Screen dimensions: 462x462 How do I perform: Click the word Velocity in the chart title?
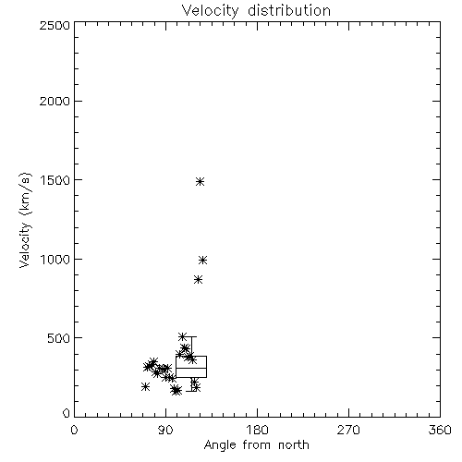coord(210,11)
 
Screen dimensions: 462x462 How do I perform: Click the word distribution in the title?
coord(289,10)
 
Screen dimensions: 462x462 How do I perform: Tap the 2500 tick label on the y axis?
coord(55,25)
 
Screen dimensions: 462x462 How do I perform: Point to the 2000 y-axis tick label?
coord(55,101)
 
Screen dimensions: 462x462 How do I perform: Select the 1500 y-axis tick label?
coord(55,180)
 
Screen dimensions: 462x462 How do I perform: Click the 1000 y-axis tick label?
coord(55,259)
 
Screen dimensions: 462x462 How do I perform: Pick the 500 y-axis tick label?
coord(59,338)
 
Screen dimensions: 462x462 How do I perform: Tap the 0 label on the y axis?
coord(67,413)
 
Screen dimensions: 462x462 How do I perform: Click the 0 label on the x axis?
coord(74,430)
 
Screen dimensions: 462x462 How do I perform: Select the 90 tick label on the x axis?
coord(165,430)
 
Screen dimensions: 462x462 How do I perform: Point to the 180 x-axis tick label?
coord(257,430)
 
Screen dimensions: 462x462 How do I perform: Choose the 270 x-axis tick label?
coord(348,430)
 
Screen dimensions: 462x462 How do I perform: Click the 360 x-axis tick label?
coord(440,430)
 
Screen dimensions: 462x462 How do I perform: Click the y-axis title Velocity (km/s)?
coord(25,220)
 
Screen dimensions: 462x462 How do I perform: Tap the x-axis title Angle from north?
coord(256,445)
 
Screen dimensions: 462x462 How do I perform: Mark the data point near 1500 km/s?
coord(201,181)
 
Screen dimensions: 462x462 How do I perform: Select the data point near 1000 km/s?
coord(202,260)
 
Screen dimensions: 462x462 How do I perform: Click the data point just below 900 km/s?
coord(199,280)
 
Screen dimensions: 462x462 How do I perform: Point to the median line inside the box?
coord(191,368)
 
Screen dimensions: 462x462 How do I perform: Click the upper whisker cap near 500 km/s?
coord(191,337)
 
